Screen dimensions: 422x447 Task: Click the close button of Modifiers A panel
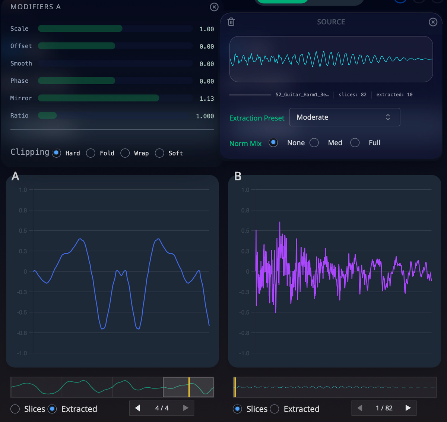tap(214, 7)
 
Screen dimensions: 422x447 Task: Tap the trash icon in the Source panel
tap(231, 22)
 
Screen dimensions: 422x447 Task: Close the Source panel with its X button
tap(433, 22)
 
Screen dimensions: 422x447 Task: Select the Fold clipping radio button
tap(91, 153)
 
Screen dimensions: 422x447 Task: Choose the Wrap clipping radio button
tap(125, 153)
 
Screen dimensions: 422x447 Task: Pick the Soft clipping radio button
tap(159, 153)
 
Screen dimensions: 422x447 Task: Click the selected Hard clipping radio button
tap(57, 153)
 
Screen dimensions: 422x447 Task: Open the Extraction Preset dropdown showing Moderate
tap(345, 117)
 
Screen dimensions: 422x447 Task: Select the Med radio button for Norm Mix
tap(314, 143)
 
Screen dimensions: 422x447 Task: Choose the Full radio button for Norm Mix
tap(355, 143)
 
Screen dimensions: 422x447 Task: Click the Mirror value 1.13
tap(207, 99)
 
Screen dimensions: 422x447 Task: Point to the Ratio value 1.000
tap(205, 116)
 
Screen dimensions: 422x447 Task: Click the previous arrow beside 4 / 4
tap(137, 408)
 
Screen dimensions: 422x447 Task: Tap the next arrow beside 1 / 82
tap(408, 408)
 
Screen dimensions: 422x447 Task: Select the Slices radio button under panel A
tap(15, 409)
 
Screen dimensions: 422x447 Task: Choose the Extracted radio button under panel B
tap(275, 409)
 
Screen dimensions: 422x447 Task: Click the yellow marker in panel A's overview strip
tap(189, 387)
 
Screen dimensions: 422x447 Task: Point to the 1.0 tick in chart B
tap(245, 190)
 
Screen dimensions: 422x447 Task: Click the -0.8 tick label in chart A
tap(23, 333)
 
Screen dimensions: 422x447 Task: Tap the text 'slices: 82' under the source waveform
tap(352, 95)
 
